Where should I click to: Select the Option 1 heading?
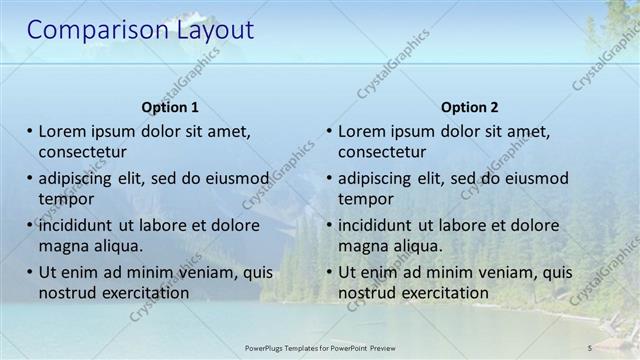click(170, 107)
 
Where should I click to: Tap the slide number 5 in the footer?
click(590, 347)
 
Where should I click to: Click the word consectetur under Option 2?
click(382, 152)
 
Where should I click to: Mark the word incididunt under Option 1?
click(80, 225)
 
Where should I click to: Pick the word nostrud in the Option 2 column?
click(367, 293)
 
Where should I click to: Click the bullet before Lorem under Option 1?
click(30, 131)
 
